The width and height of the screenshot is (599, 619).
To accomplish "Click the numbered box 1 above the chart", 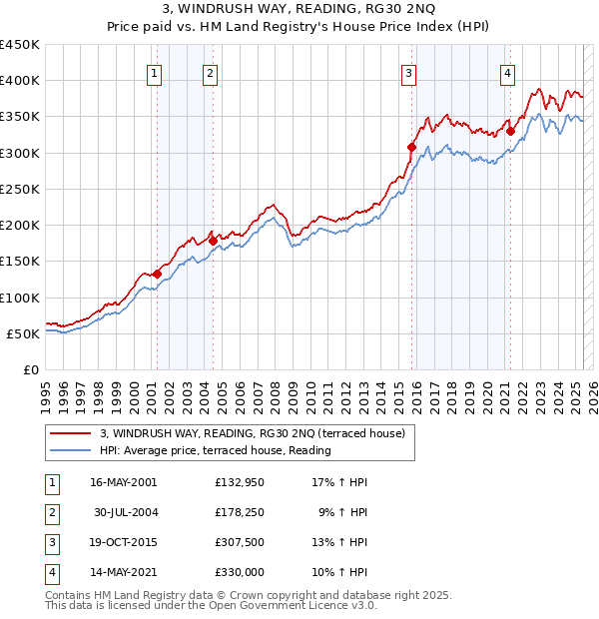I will (157, 72).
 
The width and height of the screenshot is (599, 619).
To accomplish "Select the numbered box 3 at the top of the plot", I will (410, 72).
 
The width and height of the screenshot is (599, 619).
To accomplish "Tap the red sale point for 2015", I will (411, 147).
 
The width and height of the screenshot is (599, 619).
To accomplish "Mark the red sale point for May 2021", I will (510, 131).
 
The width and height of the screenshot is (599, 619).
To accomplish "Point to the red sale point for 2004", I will (213, 241).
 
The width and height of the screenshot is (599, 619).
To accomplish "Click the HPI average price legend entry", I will (215, 451).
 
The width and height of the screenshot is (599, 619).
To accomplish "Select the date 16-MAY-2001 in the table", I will (124, 482).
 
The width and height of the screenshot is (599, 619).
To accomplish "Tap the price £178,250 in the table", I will (240, 512).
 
